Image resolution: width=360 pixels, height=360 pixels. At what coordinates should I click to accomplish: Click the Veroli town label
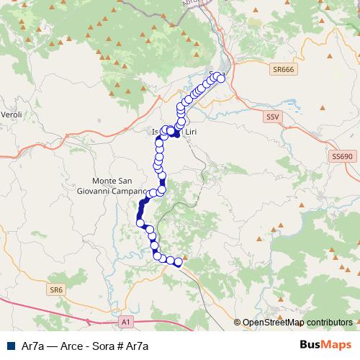click(x=12, y=114)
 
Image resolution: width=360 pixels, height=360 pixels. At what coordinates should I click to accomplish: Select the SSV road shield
click(x=272, y=116)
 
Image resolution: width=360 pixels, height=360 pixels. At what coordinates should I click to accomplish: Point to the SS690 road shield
click(x=341, y=156)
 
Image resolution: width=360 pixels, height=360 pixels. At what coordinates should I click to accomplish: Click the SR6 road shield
click(x=56, y=289)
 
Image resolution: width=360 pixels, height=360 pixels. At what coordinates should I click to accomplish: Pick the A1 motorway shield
click(x=126, y=321)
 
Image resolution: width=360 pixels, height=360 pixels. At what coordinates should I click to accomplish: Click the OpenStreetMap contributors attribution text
click(x=297, y=323)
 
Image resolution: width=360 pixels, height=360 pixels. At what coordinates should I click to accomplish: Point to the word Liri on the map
click(x=192, y=132)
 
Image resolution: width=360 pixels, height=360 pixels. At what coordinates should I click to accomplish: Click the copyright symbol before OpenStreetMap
click(x=238, y=323)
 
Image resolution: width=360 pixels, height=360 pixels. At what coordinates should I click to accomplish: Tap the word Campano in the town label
click(x=128, y=192)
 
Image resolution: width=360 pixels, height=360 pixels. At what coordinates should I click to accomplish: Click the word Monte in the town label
click(x=105, y=181)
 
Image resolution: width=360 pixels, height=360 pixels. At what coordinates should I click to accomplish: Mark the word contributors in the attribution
click(x=329, y=323)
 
